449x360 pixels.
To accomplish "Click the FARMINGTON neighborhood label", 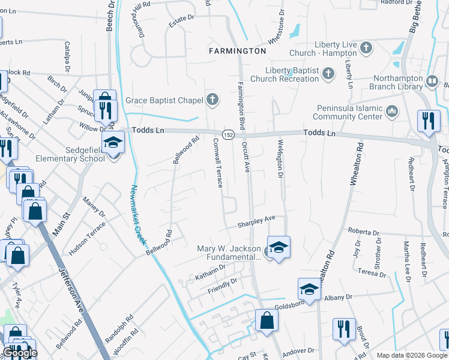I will coord(237,51).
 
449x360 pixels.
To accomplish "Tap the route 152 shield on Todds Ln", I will coord(229,134).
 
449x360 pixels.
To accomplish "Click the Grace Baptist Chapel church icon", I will coord(211,100).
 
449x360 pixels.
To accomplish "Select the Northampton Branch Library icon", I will coord(432,80).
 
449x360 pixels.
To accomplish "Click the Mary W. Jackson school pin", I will coord(278,247).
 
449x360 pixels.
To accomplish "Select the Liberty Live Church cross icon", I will coord(364,46).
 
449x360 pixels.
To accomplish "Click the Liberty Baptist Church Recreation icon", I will coord(328,74).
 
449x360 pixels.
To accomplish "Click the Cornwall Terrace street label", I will coord(218,163).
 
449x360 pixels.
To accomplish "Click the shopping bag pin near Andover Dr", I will coord(267,320).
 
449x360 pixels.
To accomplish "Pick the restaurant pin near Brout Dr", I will coord(344,329).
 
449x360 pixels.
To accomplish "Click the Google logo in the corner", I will coord(20,353).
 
